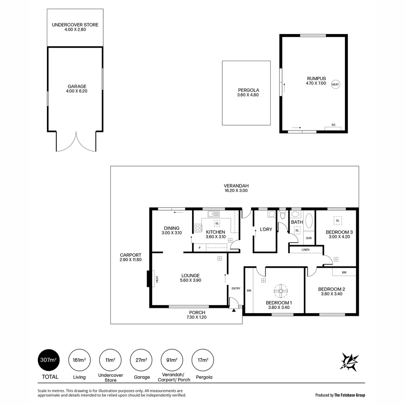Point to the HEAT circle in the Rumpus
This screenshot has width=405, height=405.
pyautogui.click(x=335, y=84)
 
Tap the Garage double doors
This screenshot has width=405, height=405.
pyautogui.click(x=76, y=142)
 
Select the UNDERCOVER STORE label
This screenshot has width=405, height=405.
pyautogui.click(x=75, y=25)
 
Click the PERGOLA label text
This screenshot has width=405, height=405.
pyautogui.click(x=248, y=90)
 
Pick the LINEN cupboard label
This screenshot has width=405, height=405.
pyautogui.click(x=305, y=250)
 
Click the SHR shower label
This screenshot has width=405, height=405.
pyautogui.click(x=309, y=238)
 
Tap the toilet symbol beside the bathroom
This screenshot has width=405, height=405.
pyautogui.click(x=283, y=215)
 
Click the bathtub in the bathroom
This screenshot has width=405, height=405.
pyautogui.click(x=309, y=221)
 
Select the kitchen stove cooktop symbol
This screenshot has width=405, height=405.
pyautogui.click(x=198, y=228)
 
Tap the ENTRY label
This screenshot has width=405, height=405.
pyautogui.click(x=235, y=288)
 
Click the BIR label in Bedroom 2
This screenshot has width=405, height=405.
pyautogui.click(x=344, y=273)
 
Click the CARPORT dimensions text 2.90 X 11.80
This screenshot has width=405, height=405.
pyautogui.click(x=130, y=259)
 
